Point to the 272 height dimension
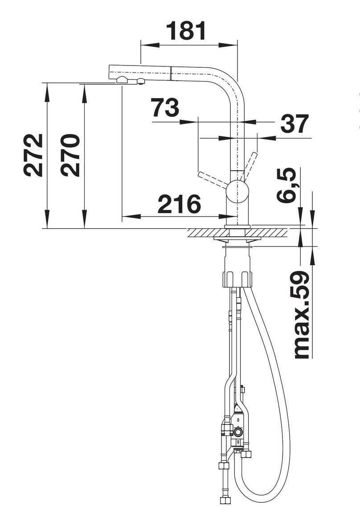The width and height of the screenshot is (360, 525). point(33,155)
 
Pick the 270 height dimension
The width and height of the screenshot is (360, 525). point(70,155)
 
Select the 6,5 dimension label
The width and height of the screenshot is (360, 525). point(286,185)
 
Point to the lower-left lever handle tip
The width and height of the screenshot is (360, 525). point(200,174)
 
